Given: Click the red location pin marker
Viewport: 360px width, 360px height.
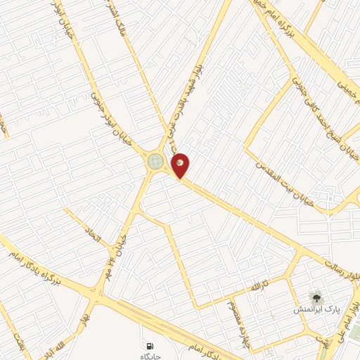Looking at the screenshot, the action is (181, 165).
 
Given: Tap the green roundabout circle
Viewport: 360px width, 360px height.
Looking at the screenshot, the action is (155, 162).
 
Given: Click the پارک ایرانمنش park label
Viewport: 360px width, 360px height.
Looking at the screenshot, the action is (316, 309).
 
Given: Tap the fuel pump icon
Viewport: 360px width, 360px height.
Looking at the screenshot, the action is (150, 346).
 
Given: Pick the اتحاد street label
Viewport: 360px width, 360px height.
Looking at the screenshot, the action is (94, 236).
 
